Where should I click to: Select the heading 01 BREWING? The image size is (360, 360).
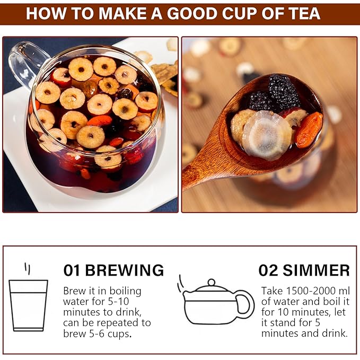click(x=113, y=270)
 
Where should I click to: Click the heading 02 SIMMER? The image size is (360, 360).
click(x=304, y=270)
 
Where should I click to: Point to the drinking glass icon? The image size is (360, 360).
click(x=29, y=305)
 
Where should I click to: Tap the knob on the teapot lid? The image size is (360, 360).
click(x=212, y=283)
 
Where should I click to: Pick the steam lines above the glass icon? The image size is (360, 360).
click(x=28, y=269)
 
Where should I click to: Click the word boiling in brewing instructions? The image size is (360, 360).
click(x=125, y=292)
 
